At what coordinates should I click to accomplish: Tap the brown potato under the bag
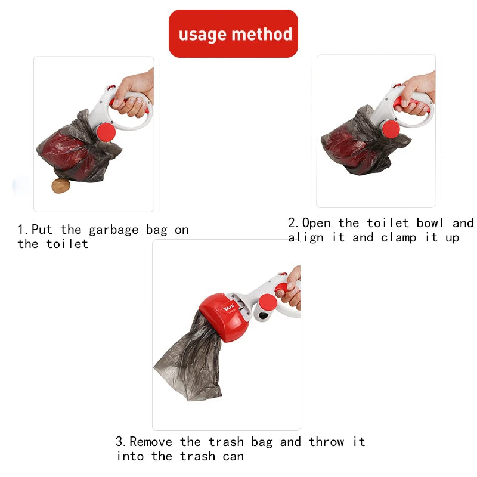(60, 186)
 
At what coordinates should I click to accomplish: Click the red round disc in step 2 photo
(391, 129)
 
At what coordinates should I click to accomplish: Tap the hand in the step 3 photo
(291, 289)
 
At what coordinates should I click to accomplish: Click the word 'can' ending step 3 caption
(233, 457)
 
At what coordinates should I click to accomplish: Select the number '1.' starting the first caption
(23, 230)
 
